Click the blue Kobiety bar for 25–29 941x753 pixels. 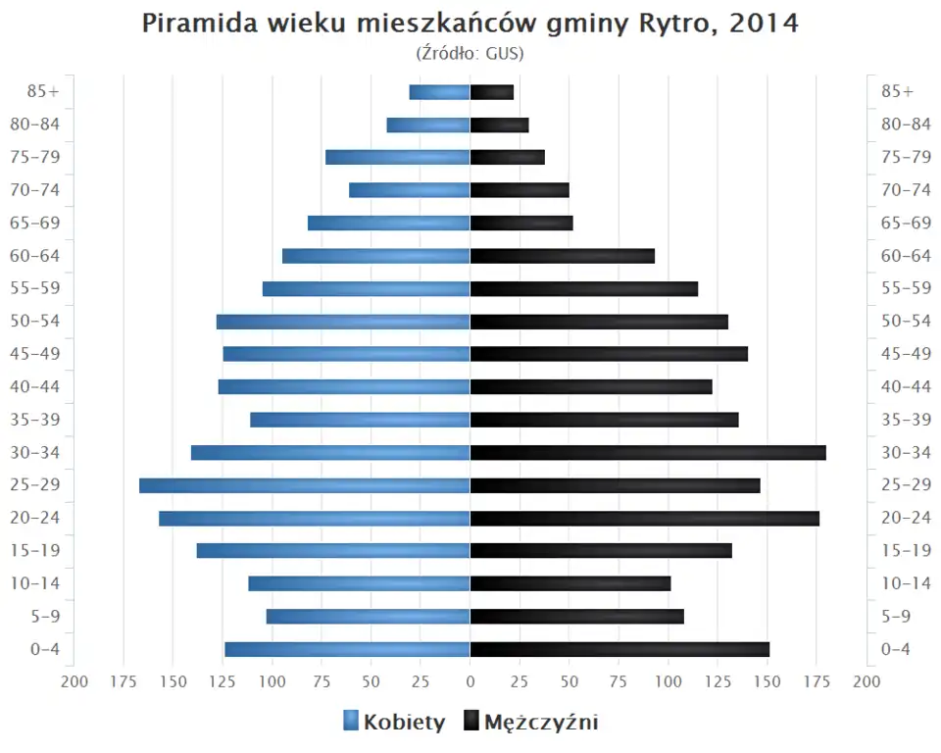click(x=305, y=485)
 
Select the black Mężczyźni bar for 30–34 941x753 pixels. click(x=648, y=452)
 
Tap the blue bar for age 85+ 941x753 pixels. click(x=440, y=92)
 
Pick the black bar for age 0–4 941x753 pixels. click(x=619, y=649)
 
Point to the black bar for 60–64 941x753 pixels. click(x=563, y=256)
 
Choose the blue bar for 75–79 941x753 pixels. click(x=398, y=157)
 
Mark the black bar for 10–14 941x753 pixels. click(x=570, y=583)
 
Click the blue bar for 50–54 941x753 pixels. click(x=343, y=322)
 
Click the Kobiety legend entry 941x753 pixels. click(x=395, y=723)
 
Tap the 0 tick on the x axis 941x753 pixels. click(x=470, y=681)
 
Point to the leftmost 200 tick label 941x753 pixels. click(x=74, y=681)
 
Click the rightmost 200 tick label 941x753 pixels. click(x=867, y=681)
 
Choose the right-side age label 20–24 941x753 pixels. click(x=906, y=518)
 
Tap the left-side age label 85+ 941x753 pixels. click(x=44, y=92)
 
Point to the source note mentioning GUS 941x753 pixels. click(x=470, y=53)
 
